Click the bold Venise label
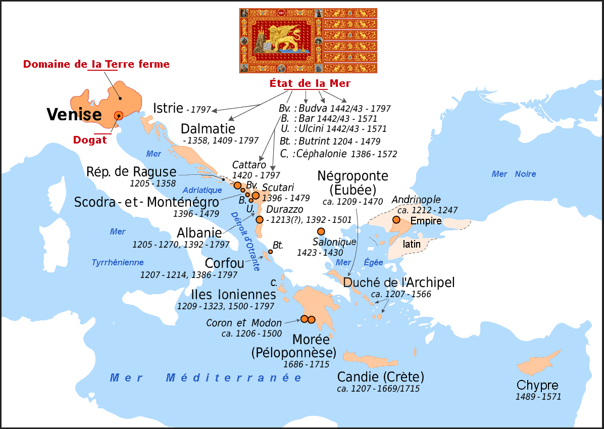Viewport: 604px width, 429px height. (74, 115)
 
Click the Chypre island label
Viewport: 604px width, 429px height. (537, 385)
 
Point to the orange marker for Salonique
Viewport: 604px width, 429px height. (321, 231)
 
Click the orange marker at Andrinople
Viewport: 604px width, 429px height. (396, 220)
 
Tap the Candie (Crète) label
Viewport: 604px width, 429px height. (380, 377)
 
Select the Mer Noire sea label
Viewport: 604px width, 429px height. (514, 174)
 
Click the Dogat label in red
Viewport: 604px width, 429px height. (90, 139)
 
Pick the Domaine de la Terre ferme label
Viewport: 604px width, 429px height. (96, 64)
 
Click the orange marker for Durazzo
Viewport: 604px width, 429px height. (260, 219)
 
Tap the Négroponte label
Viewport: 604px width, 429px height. (353, 176)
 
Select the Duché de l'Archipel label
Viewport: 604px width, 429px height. (399, 282)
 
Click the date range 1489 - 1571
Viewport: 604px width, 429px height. (538, 397)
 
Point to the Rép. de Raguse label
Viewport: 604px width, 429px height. (131, 171)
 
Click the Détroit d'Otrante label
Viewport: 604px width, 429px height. (244, 241)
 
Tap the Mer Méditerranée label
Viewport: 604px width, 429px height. (206, 378)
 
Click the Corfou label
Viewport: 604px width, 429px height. (224, 263)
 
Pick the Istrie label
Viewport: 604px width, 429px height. (168, 107)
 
